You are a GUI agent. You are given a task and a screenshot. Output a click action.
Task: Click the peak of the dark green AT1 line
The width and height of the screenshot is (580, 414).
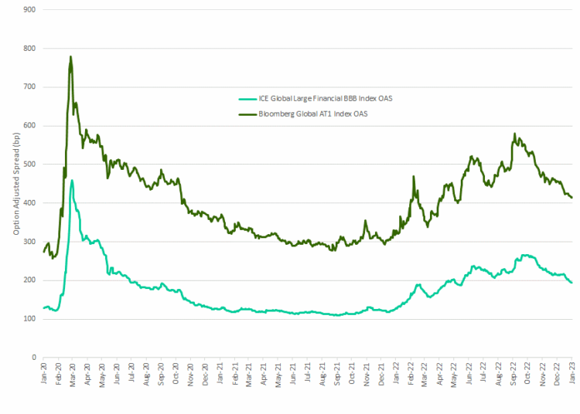point(71,56)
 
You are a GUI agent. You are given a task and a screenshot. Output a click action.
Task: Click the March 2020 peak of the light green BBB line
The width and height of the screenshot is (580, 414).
point(72,181)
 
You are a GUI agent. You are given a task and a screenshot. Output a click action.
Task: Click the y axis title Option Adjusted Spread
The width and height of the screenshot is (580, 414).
point(15,183)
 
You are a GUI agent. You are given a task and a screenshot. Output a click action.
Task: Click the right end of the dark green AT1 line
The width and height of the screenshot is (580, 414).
point(571,198)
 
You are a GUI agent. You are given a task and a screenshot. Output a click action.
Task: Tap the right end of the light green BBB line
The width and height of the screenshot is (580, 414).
point(571,283)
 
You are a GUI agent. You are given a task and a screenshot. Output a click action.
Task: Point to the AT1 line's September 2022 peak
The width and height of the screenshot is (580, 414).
point(514,134)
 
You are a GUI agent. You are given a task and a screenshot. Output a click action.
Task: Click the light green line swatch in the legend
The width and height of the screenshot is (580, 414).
point(247,98)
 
